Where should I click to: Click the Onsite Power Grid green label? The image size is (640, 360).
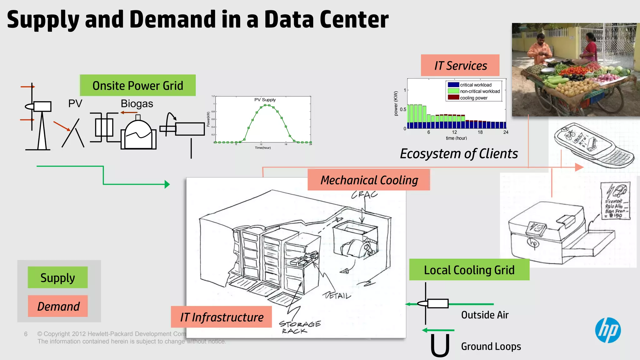[138, 85]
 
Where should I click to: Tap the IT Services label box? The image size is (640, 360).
[460, 66]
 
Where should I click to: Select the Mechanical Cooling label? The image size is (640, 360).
[369, 180]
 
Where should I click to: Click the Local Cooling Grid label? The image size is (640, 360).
[469, 270]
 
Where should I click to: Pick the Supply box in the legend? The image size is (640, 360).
[57, 277]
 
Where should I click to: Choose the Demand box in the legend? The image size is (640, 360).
[58, 306]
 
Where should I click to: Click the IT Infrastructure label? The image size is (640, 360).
[222, 317]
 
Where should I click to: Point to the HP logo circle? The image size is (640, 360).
[608, 330]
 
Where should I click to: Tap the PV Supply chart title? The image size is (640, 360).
[265, 100]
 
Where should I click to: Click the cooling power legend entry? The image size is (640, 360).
[473, 98]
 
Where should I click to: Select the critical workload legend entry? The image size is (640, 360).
[475, 85]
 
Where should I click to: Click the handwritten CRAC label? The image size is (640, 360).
[364, 195]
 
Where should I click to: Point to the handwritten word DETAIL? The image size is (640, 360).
[337, 295]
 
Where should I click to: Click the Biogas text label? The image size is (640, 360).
[137, 103]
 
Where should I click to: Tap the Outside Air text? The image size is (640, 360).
[485, 315]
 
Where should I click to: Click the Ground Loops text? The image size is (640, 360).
[491, 346]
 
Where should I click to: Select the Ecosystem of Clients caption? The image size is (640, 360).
[459, 154]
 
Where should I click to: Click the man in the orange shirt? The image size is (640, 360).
[539, 50]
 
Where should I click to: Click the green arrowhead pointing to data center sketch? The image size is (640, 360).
[167, 184]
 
